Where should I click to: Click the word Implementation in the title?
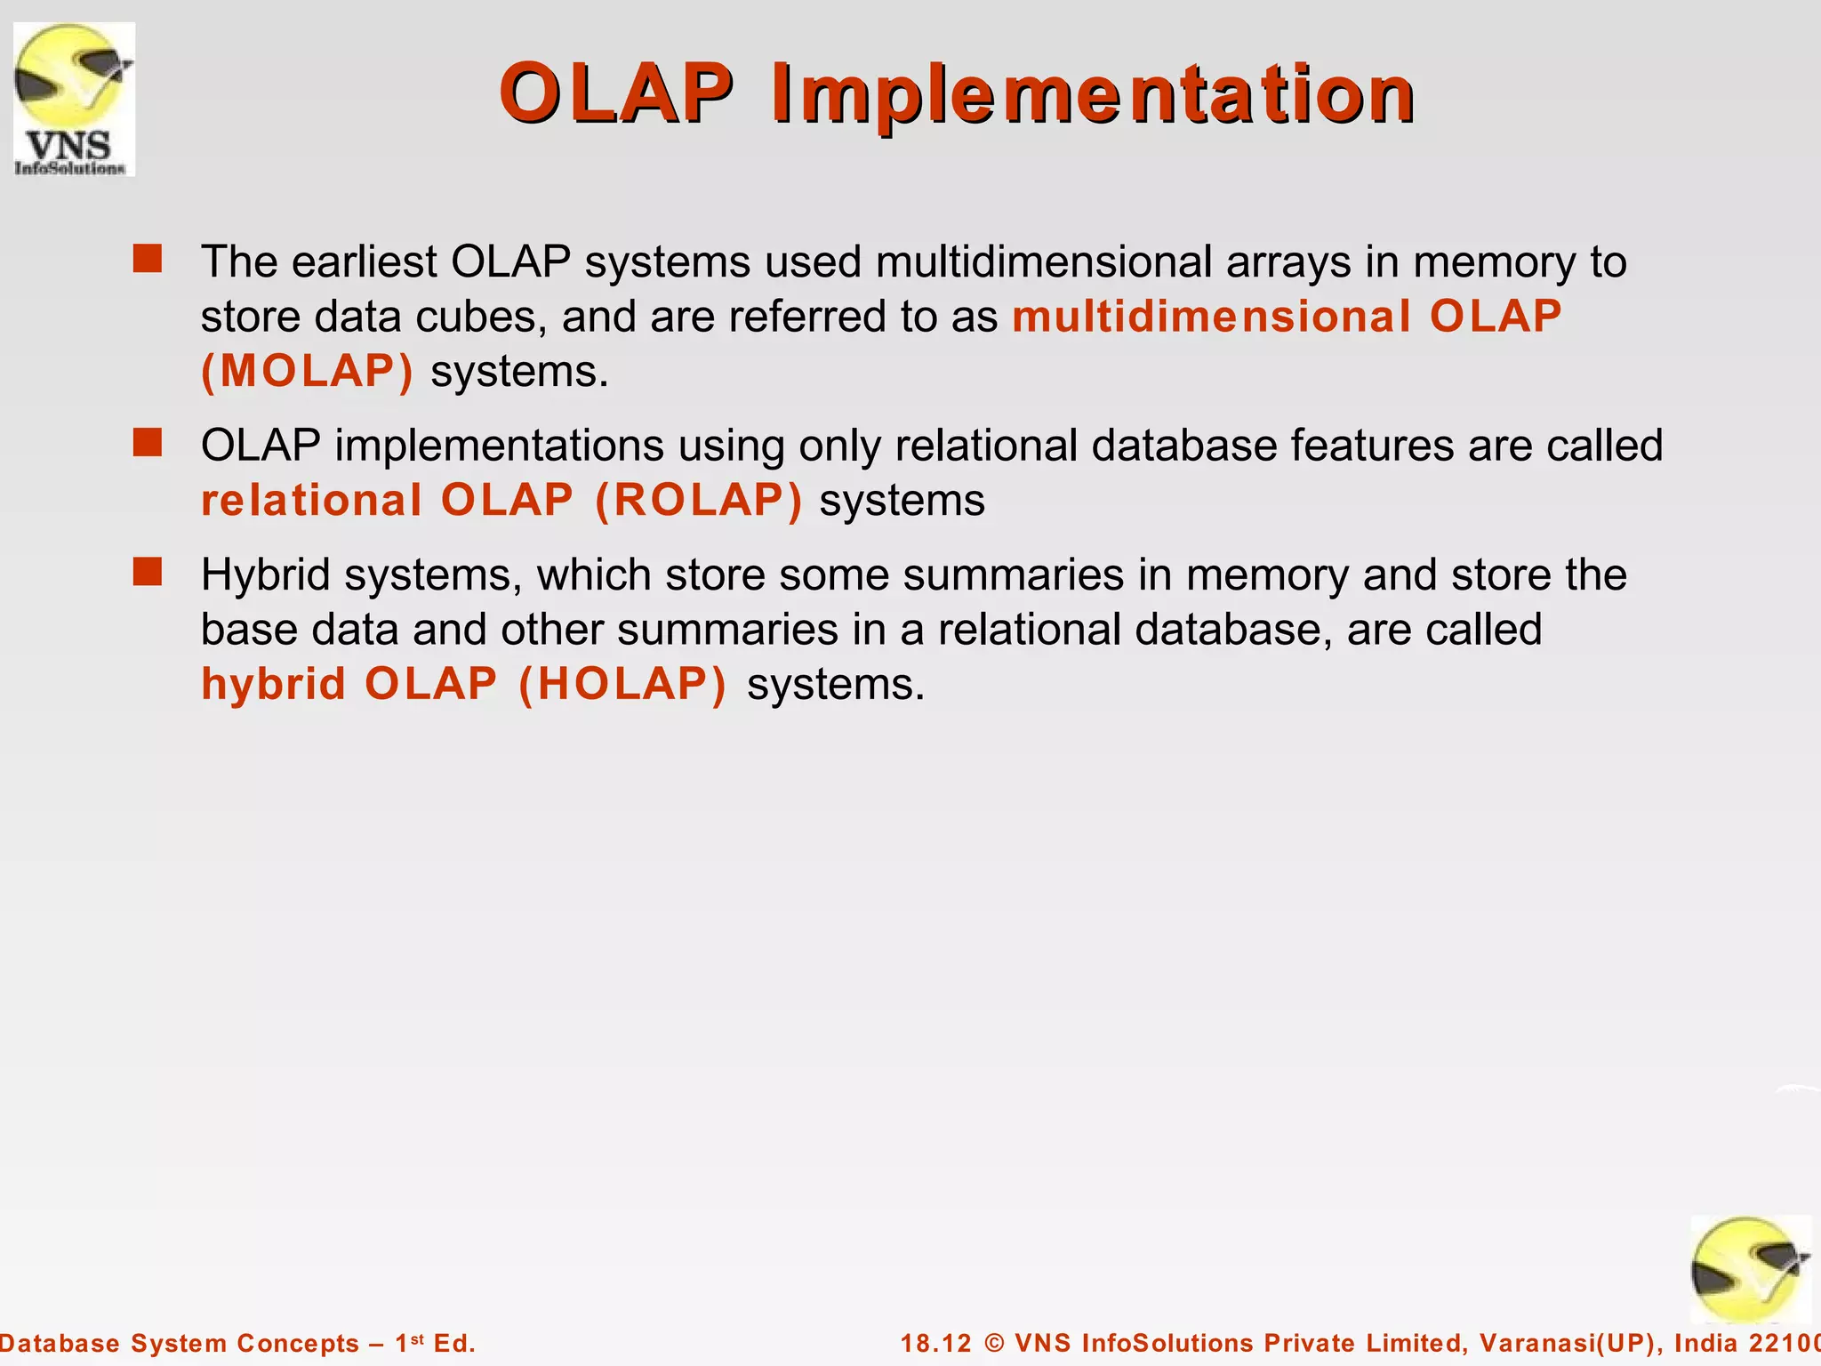[x=1092, y=94]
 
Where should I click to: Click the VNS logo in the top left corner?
[x=75, y=100]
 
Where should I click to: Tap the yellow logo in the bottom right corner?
[x=1749, y=1270]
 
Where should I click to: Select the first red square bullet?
[x=148, y=259]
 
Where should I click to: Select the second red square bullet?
[x=148, y=442]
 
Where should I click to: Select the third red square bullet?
[x=148, y=572]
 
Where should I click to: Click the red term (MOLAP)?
[x=308, y=371]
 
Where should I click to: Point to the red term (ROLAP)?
[x=699, y=500]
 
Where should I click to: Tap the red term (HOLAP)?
[x=622, y=684]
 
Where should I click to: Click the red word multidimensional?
[x=1211, y=317]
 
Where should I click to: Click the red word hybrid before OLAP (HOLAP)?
[x=273, y=684]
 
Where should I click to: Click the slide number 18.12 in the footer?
[x=936, y=1343]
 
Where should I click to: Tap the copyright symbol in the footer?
[x=995, y=1343]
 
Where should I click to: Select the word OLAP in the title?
[x=615, y=94]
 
